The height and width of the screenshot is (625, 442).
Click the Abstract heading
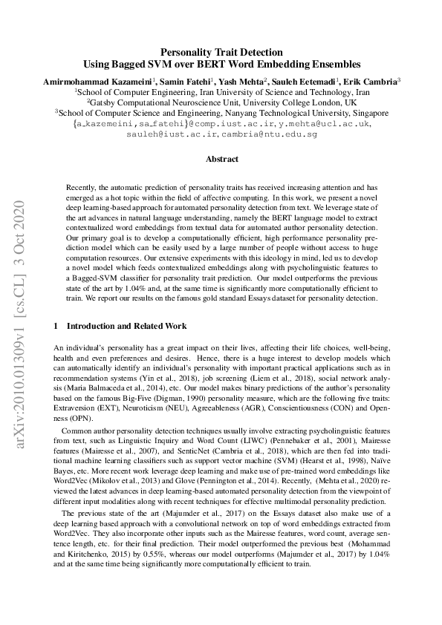pyautogui.click(x=221, y=160)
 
